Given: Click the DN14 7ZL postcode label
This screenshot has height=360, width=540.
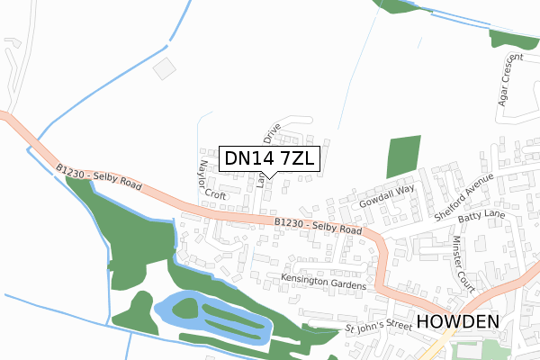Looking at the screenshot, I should click(268, 157).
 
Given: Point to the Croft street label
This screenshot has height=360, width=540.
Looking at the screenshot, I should click(215, 193).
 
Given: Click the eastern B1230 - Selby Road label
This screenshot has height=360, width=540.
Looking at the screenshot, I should click(319, 226).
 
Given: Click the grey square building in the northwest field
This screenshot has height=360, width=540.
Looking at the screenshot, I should click(166, 68).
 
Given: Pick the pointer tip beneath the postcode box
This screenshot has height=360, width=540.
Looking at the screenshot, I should click(268, 177).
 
